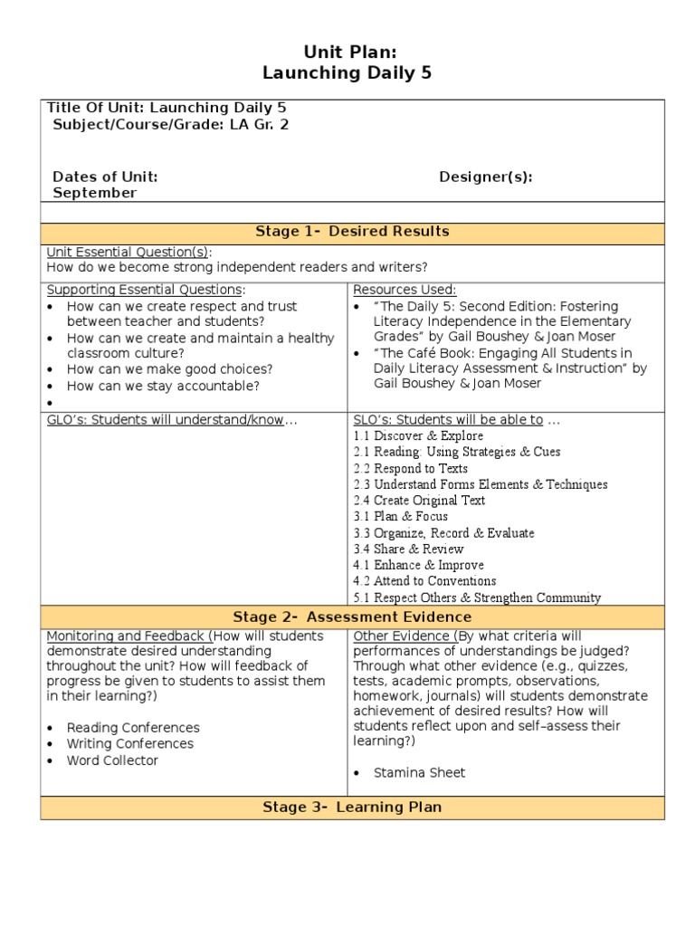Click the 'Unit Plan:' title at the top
click(347, 53)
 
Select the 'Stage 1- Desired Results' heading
click(352, 232)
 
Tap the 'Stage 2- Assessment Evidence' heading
click(352, 617)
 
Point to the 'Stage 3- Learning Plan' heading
click(352, 807)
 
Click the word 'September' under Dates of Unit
click(95, 193)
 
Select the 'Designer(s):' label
click(486, 177)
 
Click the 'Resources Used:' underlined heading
click(405, 290)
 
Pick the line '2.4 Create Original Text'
click(419, 501)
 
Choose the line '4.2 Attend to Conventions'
click(424, 581)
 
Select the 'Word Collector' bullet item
click(112, 760)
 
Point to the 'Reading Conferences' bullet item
click(133, 728)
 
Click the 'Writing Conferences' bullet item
click(130, 744)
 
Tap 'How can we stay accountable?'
click(163, 387)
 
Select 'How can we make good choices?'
click(169, 369)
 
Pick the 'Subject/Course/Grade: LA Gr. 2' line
click(171, 125)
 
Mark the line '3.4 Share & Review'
click(408, 550)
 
